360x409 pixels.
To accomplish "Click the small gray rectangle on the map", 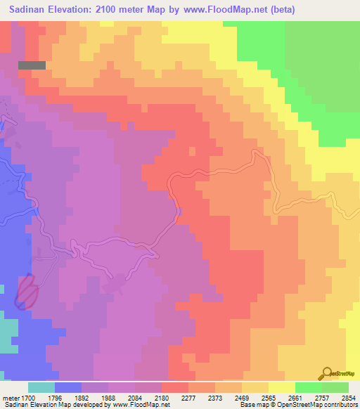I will coord(32,65).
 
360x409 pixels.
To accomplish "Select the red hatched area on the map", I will coord(27,291).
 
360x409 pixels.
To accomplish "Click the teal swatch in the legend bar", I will coord(41,387).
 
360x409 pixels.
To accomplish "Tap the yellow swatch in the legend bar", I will coord(281,387).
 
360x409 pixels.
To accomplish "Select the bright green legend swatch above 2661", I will coord(308,387).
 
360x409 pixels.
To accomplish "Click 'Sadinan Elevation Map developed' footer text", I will coord(49,405).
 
